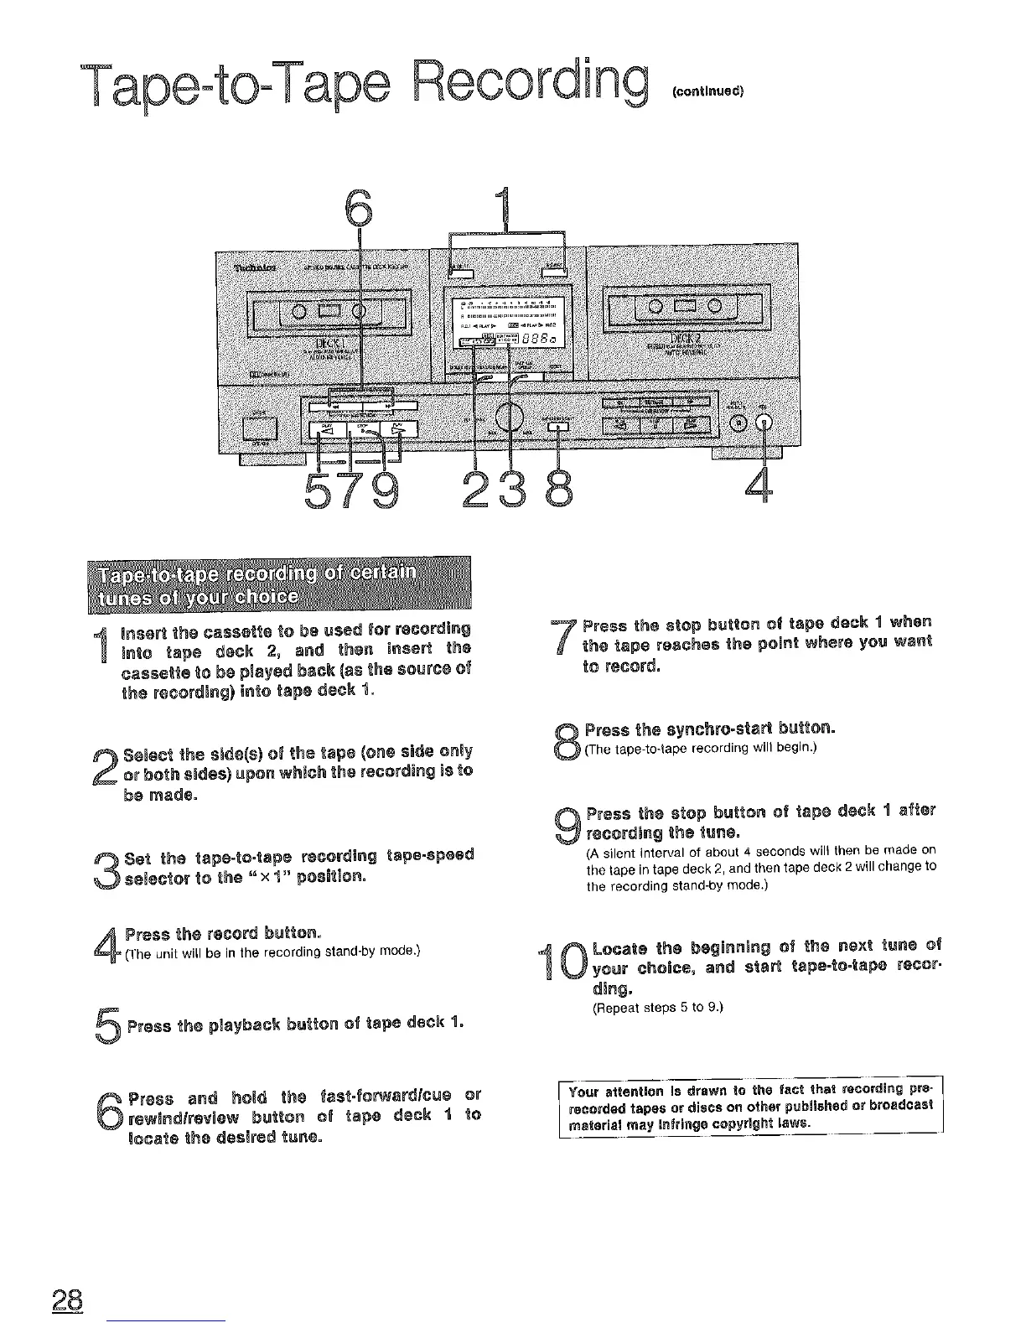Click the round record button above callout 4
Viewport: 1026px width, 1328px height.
(764, 422)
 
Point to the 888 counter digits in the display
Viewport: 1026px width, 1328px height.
(536, 338)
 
